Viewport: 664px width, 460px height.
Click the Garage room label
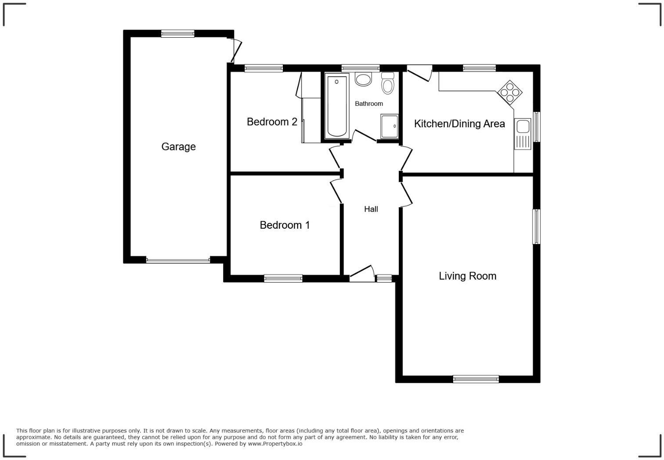coord(178,147)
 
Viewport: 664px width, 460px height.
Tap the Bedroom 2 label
coord(272,122)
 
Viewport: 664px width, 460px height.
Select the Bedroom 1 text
coord(285,225)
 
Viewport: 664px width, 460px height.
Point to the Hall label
coord(371,209)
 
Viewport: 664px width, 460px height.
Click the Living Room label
coord(467,276)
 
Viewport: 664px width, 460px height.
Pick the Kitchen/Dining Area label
coord(459,124)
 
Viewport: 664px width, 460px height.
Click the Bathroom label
coord(369,104)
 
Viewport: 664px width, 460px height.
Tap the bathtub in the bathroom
coord(337,106)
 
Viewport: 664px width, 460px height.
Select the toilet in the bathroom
coord(387,83)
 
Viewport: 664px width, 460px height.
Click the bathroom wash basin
coord(363,79)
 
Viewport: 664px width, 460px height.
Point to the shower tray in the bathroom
coord(390,126)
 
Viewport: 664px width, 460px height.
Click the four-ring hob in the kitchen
coord(510,93)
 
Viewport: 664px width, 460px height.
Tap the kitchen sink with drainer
coord(523,134)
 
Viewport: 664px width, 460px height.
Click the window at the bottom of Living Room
coord(476,379)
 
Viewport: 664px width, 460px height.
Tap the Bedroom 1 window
coord(283,278)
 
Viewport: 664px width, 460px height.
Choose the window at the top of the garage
coord(177,33)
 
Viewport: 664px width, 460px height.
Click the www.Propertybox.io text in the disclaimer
coord(275,444)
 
